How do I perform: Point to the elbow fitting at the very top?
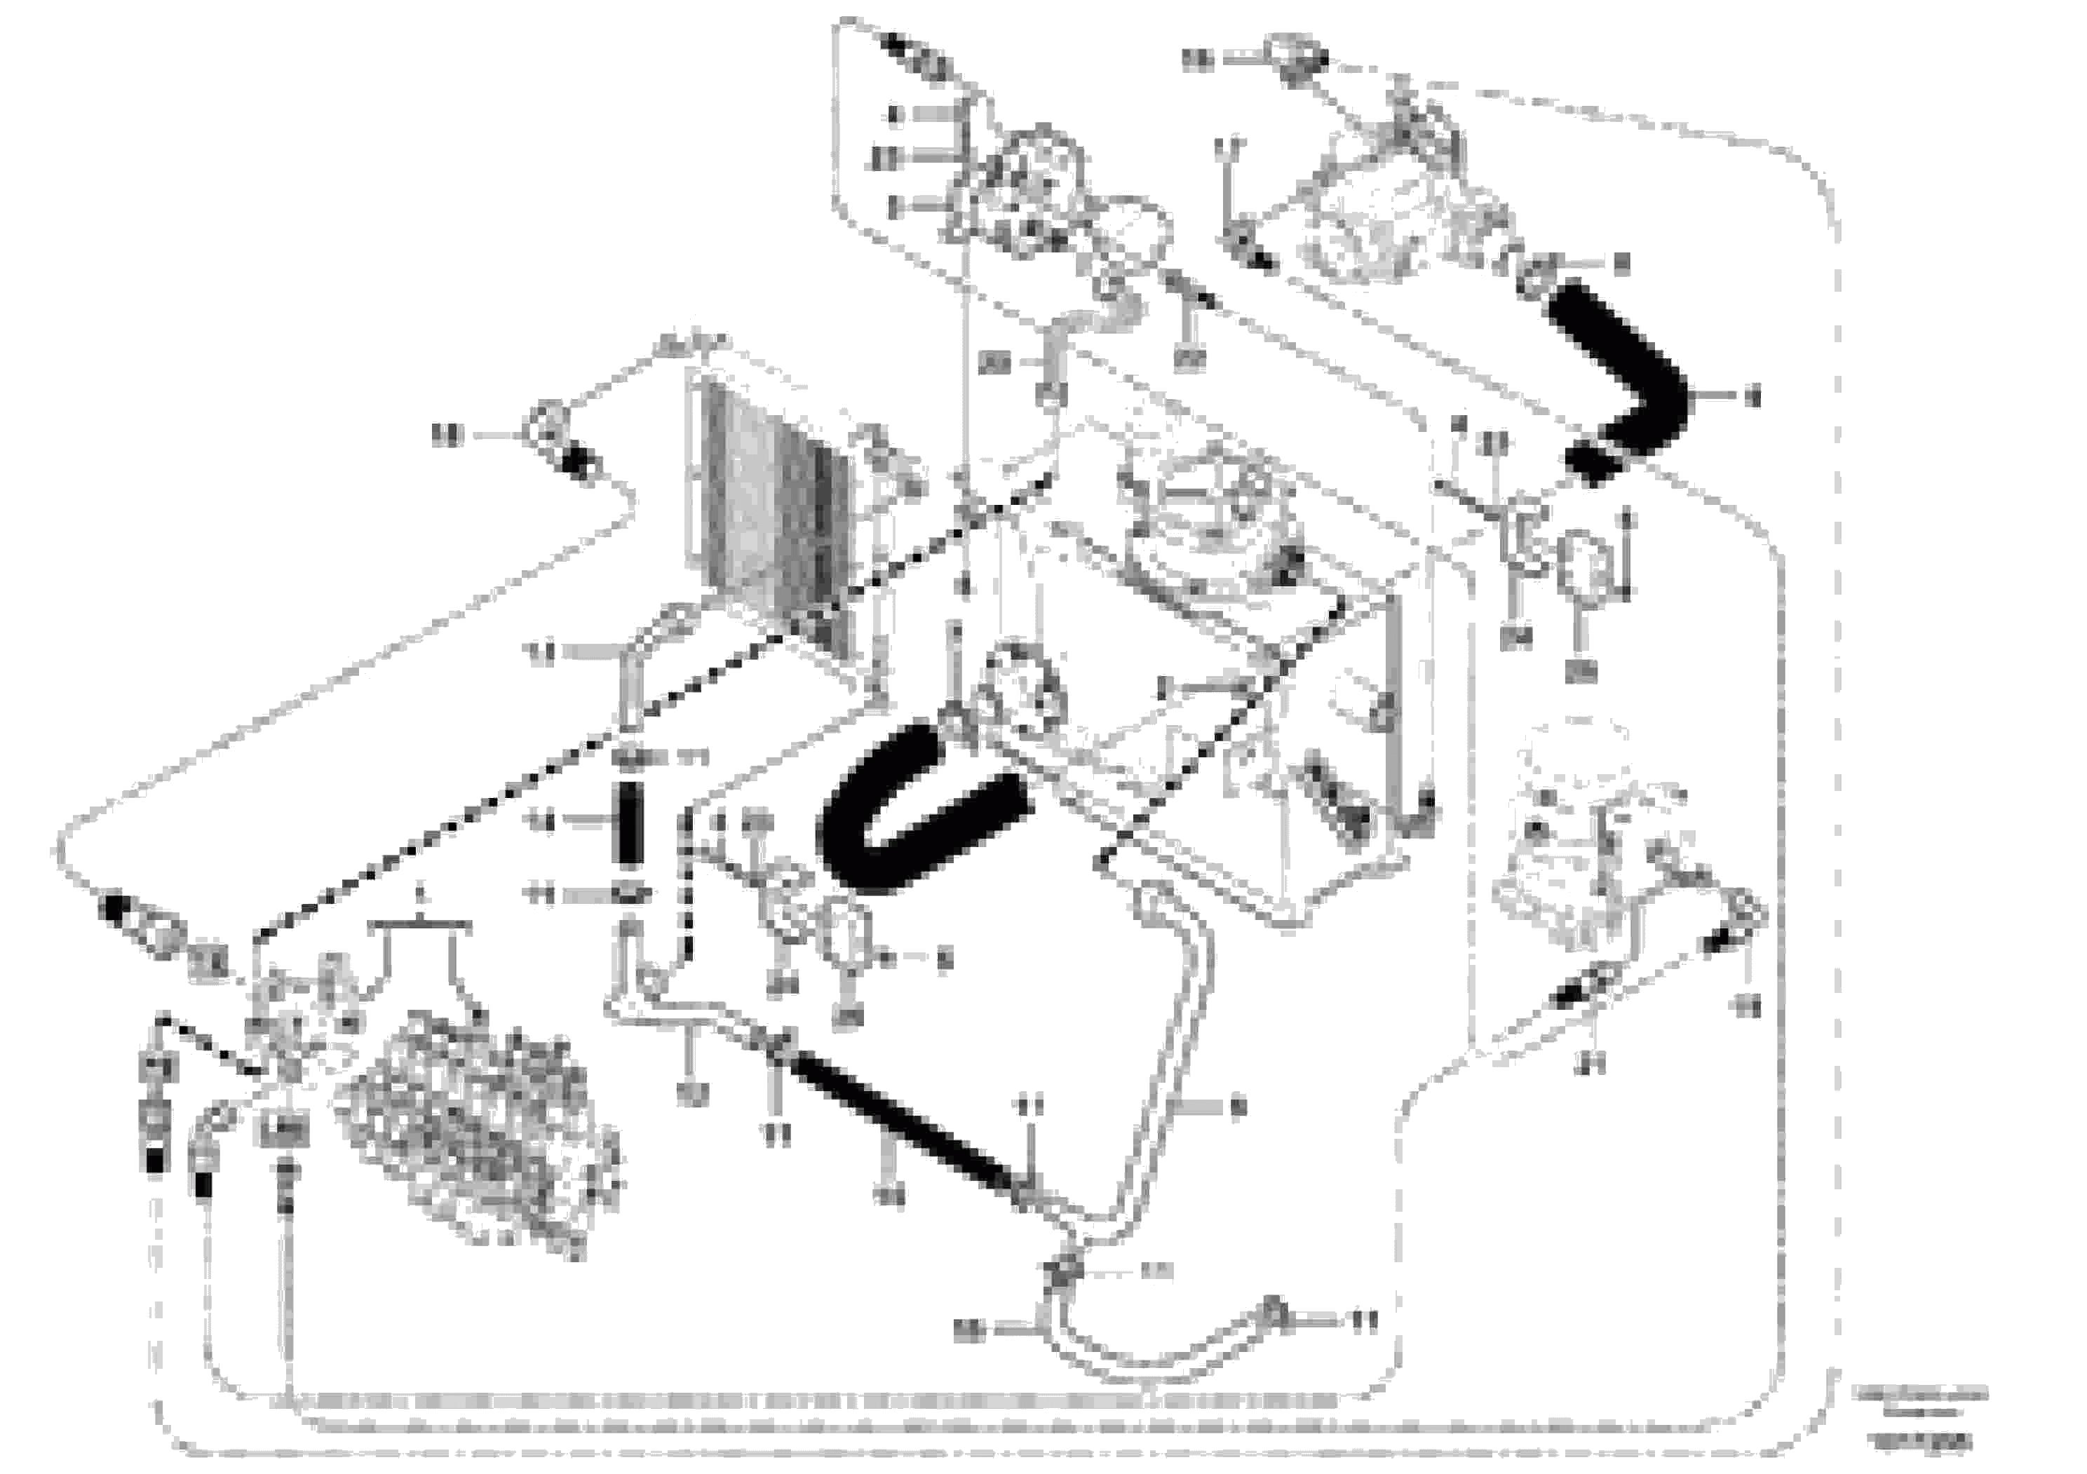coord(1295,56)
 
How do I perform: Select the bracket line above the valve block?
coord(420,924)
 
